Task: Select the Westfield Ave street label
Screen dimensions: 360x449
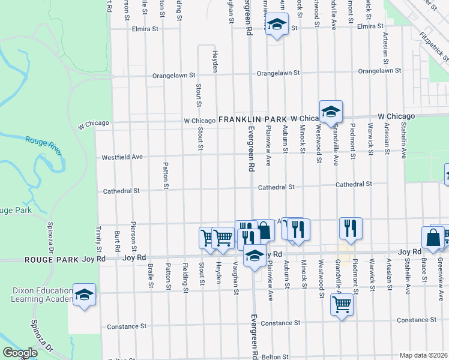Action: [122, 157]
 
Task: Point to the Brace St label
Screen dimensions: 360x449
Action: [424, 270]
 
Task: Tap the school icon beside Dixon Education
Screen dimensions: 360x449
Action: [85, 295]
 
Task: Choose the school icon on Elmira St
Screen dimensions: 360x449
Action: [276, 25]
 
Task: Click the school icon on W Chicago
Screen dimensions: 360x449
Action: [330, 111]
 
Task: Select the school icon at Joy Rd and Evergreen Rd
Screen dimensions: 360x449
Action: [255, 255]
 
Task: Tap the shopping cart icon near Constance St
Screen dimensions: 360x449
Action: [342, 304]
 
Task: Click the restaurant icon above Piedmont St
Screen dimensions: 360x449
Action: [351, 228]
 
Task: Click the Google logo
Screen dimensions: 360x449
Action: [20, 353]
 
